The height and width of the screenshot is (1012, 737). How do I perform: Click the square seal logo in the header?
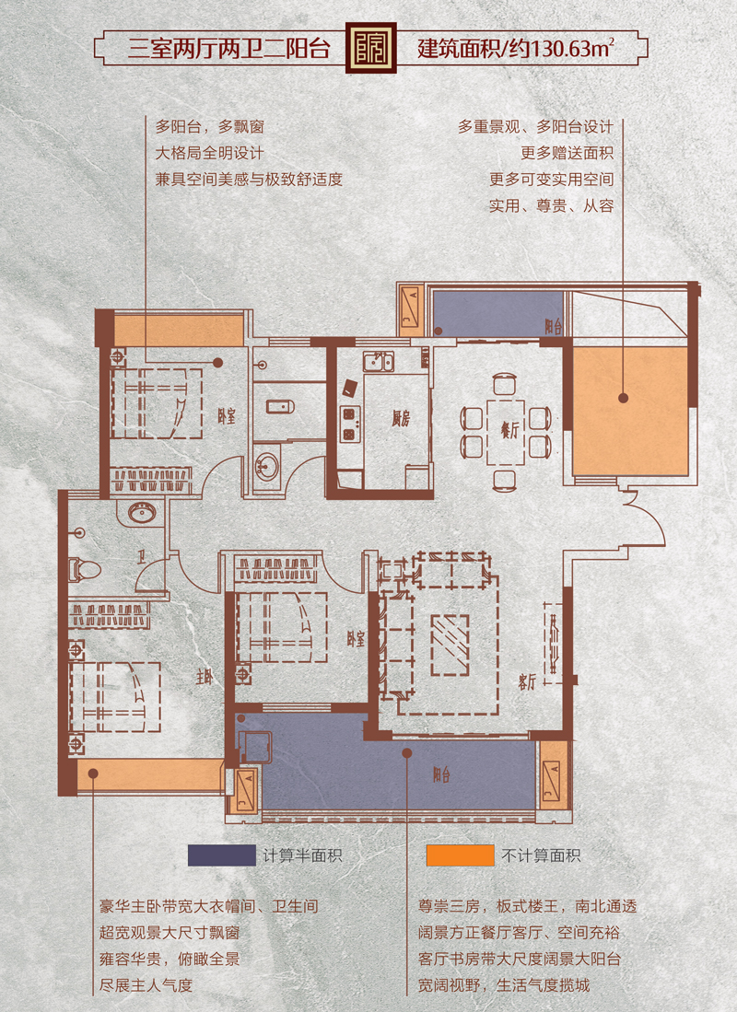tap(370, 49)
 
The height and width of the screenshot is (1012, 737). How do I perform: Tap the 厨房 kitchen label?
tap(401, 419)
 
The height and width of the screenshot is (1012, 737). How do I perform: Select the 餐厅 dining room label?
tap(509, 430)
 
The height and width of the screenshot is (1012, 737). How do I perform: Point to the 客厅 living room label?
tap(526, 681)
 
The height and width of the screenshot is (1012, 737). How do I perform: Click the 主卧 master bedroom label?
tap(205, 677)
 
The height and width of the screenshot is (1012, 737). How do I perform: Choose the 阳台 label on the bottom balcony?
tap(441, 774)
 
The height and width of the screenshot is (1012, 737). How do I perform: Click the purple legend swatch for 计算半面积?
tap(221, 855)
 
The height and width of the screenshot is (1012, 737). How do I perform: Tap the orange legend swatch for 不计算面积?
tap(460, 855)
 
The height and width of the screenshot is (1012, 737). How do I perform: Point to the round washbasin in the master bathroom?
tap(142, 514)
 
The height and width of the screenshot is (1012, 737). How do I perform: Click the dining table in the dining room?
tap(506, 433)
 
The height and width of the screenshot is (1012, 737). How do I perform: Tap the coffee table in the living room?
tap(450, 644)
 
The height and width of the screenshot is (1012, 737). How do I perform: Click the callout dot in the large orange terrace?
tap(624, 398)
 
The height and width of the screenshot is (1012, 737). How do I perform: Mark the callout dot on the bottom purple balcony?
tap(407, 752)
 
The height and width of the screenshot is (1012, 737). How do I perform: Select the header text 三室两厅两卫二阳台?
tap(228, 49)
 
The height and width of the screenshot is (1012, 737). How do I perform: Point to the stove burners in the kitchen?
tap(349, 424)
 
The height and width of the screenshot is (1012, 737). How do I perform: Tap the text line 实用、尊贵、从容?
tap(551, 206)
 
